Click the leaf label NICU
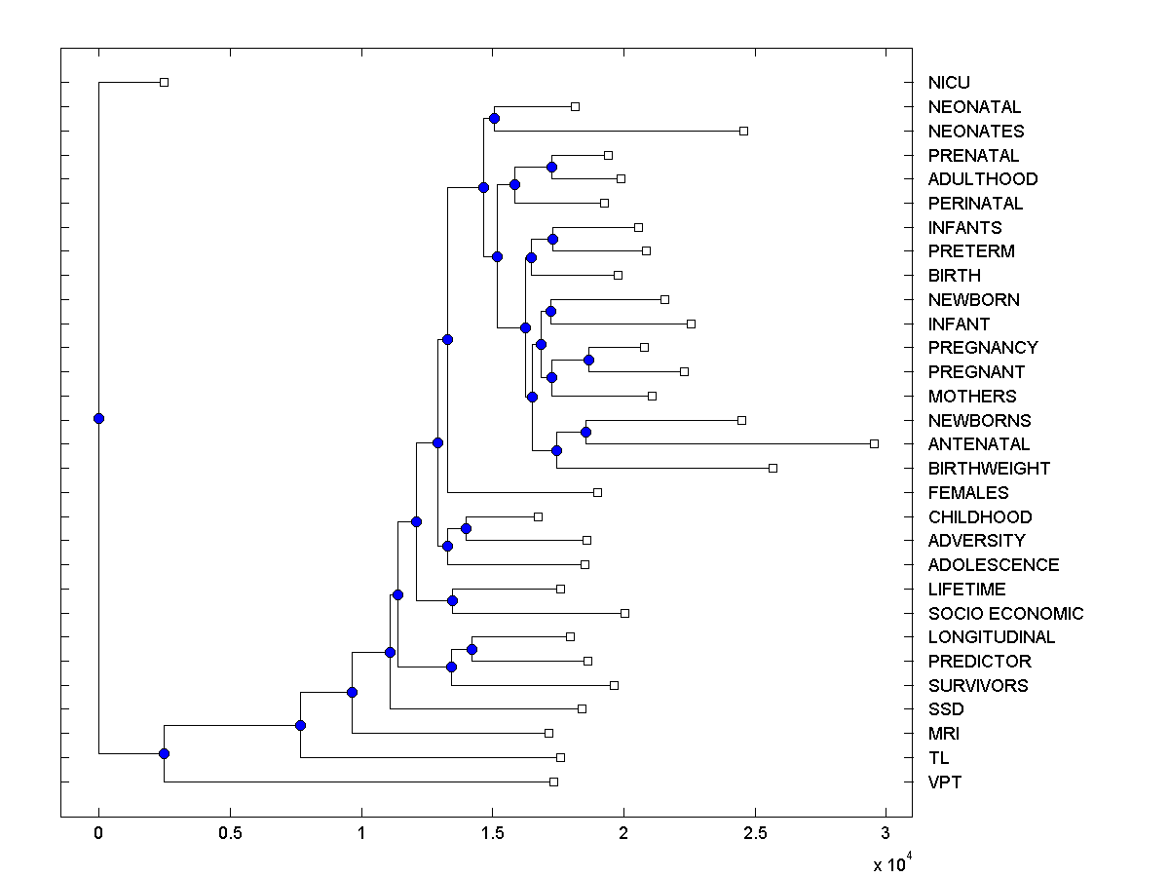(x=949, y=83)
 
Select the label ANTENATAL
(x=979, y=444)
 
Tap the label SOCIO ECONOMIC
(x=1005, y=614)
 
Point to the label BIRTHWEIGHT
(x=989, y=469)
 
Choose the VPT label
(x=945, y=782)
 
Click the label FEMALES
(x=968, y=493)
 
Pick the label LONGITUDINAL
(x=991, y=637)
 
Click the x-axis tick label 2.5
(x=754, y=834)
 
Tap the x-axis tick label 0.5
(x=230, y=834)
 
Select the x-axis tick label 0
(x=98, y=834)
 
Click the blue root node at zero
(x=98, y=418)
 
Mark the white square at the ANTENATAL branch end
(x=874, y=443)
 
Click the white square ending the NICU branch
(x=164, y=82)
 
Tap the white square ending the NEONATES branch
(x=743, y=131)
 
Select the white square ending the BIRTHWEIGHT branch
(x=773, y=468)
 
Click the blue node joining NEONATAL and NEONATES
(x=494, y=118)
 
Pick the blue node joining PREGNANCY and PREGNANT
(x=588, y=360)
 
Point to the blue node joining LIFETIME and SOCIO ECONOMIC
(x=452, y=600)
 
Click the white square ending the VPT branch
(x=553, y=782)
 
